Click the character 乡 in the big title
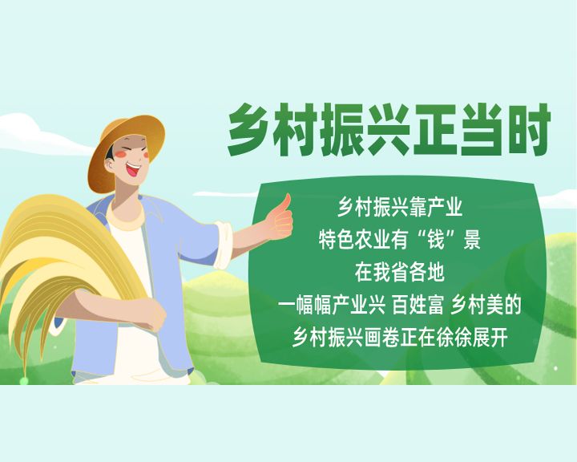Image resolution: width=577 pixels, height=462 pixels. point(250,130)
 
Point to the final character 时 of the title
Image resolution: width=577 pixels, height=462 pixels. point(528,130)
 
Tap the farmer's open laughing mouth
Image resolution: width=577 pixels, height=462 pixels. point(133,170)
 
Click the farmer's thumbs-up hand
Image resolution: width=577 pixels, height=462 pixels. point(280,219)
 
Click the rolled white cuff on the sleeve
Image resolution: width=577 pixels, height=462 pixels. point(224,245)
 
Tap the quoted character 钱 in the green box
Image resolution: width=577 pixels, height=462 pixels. point(437,240)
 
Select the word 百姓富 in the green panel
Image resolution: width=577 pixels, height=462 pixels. point(418,306)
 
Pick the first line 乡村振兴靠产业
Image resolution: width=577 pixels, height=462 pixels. point(400,208)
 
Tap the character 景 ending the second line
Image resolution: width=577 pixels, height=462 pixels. point(472,240)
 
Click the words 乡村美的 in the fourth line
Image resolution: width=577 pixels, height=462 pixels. point(486,306)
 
